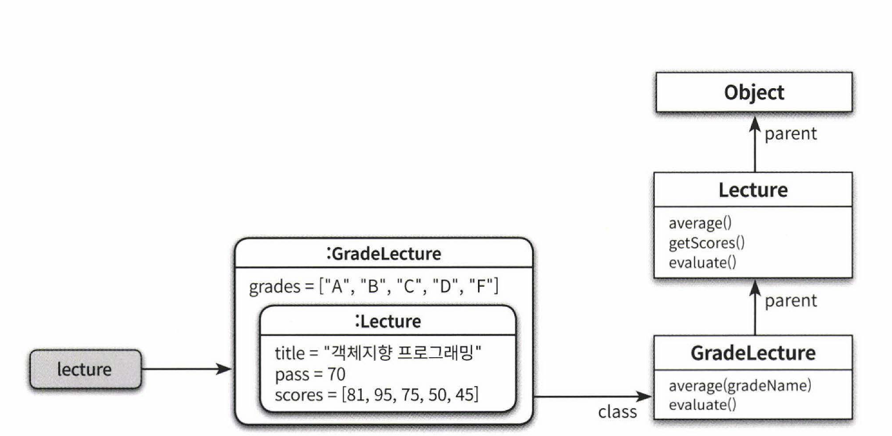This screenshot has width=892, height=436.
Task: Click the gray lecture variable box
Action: [85, 370]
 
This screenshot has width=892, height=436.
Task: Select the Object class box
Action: [754, 92]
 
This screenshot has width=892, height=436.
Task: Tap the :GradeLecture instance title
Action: [384, 254]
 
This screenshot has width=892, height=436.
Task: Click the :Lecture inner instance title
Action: [388, 321]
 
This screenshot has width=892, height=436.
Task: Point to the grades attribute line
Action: [374, 287]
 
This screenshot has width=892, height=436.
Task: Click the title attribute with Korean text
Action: [377, 354]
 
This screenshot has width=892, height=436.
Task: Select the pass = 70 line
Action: [310, 374]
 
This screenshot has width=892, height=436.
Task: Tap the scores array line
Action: [377, 395]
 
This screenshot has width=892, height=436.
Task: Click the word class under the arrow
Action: [617, 412]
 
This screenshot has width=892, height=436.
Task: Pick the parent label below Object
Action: [791, 134]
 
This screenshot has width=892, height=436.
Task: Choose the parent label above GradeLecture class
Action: [791, 301]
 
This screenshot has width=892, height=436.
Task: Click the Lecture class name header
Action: [753, 190]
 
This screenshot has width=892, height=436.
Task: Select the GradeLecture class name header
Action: [753, 353]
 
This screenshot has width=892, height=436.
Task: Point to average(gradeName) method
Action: [740, 386]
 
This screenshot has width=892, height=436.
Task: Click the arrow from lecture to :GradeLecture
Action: [187, 370]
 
